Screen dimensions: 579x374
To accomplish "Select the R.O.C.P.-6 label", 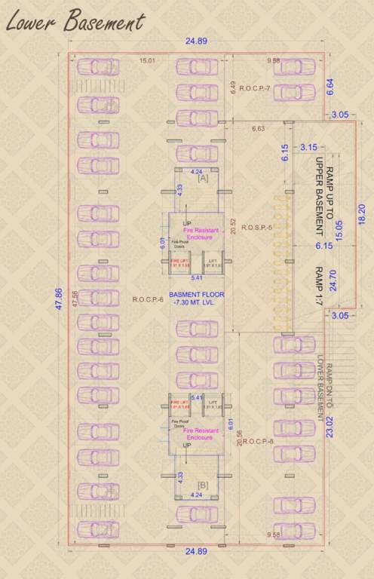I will (x=149, y=299).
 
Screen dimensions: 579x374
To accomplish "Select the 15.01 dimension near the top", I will (x=146, y=62).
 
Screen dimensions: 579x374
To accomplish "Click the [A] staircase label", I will (x=203, y=179).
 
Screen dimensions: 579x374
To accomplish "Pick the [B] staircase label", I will (x=203, y=484).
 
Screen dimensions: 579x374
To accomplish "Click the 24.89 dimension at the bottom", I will (x=197, y=552).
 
